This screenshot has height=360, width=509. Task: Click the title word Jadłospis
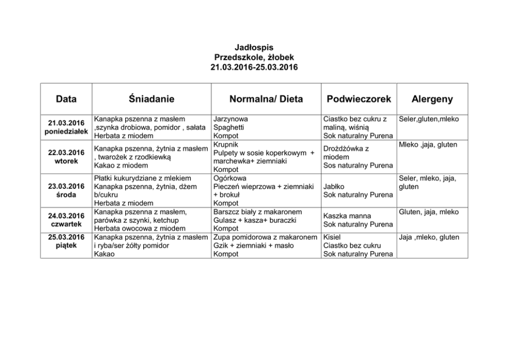254,48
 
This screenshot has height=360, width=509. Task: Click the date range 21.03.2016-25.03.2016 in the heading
254,67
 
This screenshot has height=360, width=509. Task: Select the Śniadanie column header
152,99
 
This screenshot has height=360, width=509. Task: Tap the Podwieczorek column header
359,99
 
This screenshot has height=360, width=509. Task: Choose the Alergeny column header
432,99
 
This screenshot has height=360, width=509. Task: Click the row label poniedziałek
66,131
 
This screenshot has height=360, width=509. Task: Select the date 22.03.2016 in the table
66,153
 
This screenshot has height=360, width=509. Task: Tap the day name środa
66,195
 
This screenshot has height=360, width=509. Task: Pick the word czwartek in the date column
66,224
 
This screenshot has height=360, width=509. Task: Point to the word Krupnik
226,144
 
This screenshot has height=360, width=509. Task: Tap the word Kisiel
332,237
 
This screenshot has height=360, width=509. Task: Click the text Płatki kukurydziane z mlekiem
143,178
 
